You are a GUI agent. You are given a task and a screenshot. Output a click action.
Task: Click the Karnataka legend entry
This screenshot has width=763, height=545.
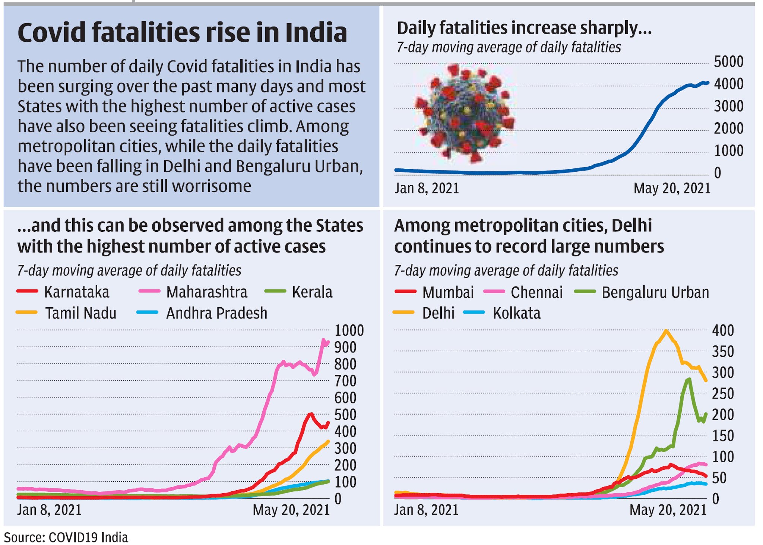(x=76, y=292)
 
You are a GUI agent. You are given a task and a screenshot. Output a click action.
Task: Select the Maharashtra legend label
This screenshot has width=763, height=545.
(x=206, y=292)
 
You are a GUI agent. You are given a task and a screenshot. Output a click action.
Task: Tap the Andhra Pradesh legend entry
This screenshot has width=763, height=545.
(x=216, y=313)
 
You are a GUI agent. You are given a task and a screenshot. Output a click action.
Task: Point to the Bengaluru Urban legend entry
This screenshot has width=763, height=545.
(x=655, y=292)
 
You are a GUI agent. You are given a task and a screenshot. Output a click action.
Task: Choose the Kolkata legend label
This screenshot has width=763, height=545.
(x=516, y=313)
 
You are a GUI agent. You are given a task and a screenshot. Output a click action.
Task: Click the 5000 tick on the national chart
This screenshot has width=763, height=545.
(x=728, y=62)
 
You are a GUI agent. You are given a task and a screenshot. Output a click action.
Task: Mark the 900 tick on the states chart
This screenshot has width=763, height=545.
(x=345, y=347)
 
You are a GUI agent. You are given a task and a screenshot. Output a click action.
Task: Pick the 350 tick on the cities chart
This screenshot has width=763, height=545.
(x=723, y=351)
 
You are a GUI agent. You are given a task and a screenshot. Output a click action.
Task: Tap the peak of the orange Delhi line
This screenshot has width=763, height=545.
(x=666, y=330)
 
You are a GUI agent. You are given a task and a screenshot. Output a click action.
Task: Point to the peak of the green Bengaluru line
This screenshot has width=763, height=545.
(x=689, y=379)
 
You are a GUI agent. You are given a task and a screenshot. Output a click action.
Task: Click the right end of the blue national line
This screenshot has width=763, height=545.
(x=707, y=83)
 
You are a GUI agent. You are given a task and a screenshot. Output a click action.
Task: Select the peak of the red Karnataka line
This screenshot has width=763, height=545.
(x=310, y=414)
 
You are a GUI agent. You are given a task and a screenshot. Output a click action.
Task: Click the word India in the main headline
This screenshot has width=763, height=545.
(x=316, y=32)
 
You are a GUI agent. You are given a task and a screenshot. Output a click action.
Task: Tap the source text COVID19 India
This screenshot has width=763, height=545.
(x=88, y=538)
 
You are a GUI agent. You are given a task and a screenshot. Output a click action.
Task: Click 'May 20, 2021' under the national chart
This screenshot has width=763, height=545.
(x=672, y=188)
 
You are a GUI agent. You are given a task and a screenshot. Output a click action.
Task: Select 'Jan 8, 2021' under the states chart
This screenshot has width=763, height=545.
(x=49, y=510)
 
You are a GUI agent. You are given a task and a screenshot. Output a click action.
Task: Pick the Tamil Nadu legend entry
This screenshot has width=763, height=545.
(x=80, y=313)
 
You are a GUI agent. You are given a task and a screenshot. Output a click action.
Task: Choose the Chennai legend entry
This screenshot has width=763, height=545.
(x=536, y=292)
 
